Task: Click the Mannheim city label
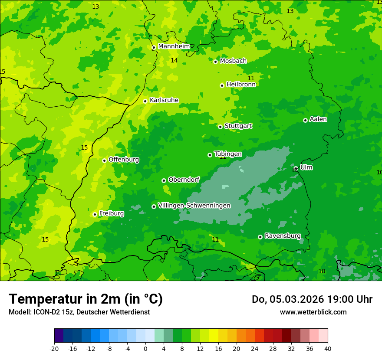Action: pos(174,46)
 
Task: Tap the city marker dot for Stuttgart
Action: pos(220,127)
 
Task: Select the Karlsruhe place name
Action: pos(164,100)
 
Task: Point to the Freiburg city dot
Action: pos(95,214)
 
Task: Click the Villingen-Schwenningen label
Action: pos(194,206)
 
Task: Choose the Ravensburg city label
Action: pos(283,236)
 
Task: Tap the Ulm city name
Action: pos(306,167)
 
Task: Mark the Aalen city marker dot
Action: pos(305,120)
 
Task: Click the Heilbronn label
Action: pos(241,85)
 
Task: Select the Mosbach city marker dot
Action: pos(215,62)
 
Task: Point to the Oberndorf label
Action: pos(184,180)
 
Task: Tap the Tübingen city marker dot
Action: pos(210,155)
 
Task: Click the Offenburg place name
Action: pos(124,160)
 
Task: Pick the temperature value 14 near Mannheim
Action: pos(174,61)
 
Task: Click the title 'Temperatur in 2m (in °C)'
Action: pos(86,299)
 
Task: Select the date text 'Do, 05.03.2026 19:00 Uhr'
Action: pos(312,299)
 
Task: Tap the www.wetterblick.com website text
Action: pos(313,312)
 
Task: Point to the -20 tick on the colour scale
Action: pos(54,349)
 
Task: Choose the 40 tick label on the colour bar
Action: pos(327,349)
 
